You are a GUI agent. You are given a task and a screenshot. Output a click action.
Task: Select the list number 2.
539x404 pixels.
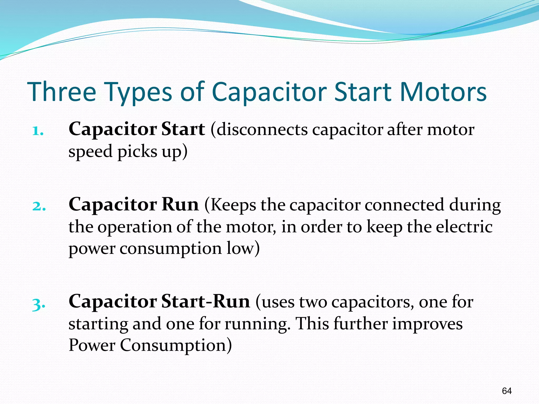click(x=39, y=206)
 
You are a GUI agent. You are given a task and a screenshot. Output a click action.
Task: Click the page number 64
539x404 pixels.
click(x=507, y=391)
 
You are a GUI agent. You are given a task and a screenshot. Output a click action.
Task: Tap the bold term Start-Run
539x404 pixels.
click(x=205, y=301)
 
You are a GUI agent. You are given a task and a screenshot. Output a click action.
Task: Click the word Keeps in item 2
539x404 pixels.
click(x=233, y=206)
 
